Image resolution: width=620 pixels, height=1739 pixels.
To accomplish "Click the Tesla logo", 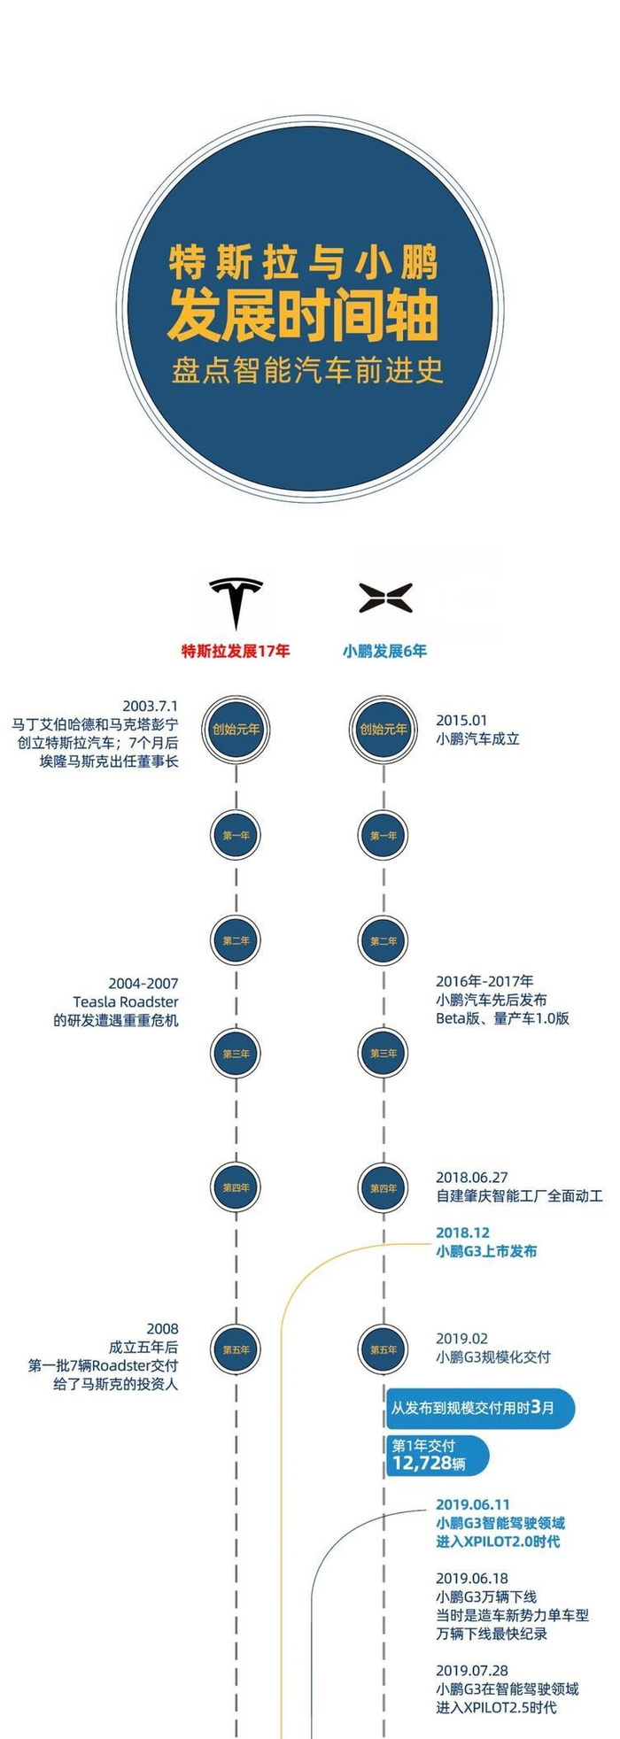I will (236, 603).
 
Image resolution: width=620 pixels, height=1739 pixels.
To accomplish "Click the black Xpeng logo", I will (384, 599).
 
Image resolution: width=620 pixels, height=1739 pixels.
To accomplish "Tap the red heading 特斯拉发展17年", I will (236, 651).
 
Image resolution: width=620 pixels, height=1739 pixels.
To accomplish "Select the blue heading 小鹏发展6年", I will (384, 651).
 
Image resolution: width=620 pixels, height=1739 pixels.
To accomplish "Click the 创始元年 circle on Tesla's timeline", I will (236, 730).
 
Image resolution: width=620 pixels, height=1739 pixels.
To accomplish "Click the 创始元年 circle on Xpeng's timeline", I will (384, 730).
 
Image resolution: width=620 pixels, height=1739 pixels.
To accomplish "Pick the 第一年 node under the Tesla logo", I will (236, 835).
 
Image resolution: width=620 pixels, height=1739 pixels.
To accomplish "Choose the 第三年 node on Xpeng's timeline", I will (384, 1053).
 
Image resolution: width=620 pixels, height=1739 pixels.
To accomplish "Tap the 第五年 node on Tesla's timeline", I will (236, 1349).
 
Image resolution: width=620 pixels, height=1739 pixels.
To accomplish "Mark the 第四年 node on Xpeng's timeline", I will (384, 1187).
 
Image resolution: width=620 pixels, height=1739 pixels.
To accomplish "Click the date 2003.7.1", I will (151, 706).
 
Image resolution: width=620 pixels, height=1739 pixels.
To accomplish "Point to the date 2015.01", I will (461, 721).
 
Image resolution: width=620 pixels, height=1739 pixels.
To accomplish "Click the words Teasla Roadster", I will (126, 1001).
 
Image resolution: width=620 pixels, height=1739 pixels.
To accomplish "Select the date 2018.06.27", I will (471, 1178).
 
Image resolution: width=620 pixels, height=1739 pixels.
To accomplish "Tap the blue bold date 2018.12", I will (462, 1233).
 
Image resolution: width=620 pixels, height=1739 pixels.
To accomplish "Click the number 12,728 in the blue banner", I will (422, 1463).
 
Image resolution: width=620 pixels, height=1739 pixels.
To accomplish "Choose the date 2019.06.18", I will (471, 1578).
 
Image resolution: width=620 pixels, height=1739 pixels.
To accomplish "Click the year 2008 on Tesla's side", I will (162, 1328).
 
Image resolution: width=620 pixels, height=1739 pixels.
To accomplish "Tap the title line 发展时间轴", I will (304, 316).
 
